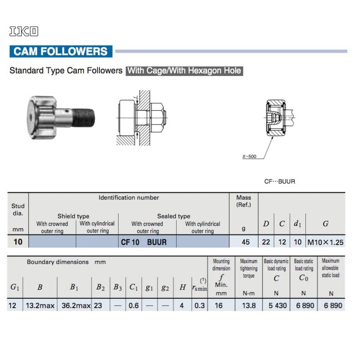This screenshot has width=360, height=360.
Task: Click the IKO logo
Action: click(24, 31)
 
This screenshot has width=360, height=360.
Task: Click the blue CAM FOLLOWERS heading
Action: click(61, 51)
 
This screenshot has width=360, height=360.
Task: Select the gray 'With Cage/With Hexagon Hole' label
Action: click(184, 71)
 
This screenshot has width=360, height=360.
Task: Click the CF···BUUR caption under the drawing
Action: click(279, 182)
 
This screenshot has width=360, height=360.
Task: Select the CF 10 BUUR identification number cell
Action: click(144, 242)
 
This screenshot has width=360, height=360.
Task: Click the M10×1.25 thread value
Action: click(325, 242)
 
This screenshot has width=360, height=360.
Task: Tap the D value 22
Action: click(266, 242)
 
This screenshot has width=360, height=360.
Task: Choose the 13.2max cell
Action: click(40, 306)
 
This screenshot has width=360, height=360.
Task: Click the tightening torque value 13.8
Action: click(248, 306)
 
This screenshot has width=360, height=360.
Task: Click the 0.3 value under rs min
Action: click(199, 306)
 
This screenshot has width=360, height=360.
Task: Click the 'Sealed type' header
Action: click(173, 216)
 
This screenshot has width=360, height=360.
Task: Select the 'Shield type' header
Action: click(73, 216)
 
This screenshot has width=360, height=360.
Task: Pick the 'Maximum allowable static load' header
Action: click(331, 268)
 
